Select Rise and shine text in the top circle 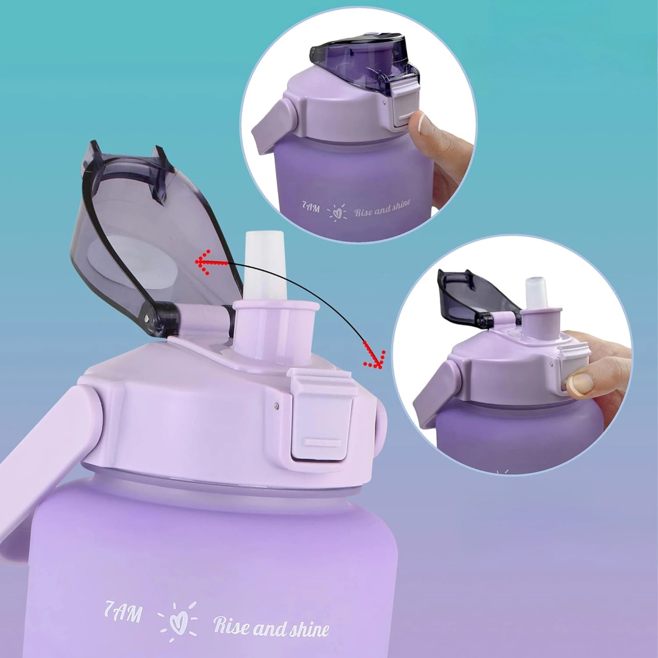point(382,207)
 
